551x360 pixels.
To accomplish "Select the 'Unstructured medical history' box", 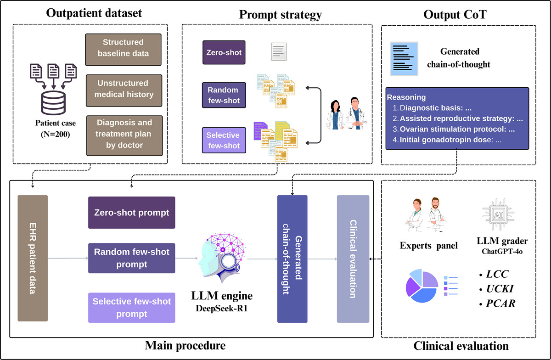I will click(x=124, y=89).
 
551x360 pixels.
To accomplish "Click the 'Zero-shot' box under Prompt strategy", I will click(x=223, y=52).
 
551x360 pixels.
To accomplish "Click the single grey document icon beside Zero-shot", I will click(x=278, y=51).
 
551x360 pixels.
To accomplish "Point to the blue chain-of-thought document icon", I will click(x=404, y=58).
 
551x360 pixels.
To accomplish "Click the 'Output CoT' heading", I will click(x=459, y=14).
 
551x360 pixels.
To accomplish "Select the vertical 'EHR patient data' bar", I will click(x=33, y=258).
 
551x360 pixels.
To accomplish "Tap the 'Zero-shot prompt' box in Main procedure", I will click(x=131, y=213).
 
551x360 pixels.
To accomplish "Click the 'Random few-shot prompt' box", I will click(x=131, y=258).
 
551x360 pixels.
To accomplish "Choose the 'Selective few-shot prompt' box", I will click(x=131, y=308).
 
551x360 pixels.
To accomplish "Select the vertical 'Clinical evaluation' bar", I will click(x=353, y=258).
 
